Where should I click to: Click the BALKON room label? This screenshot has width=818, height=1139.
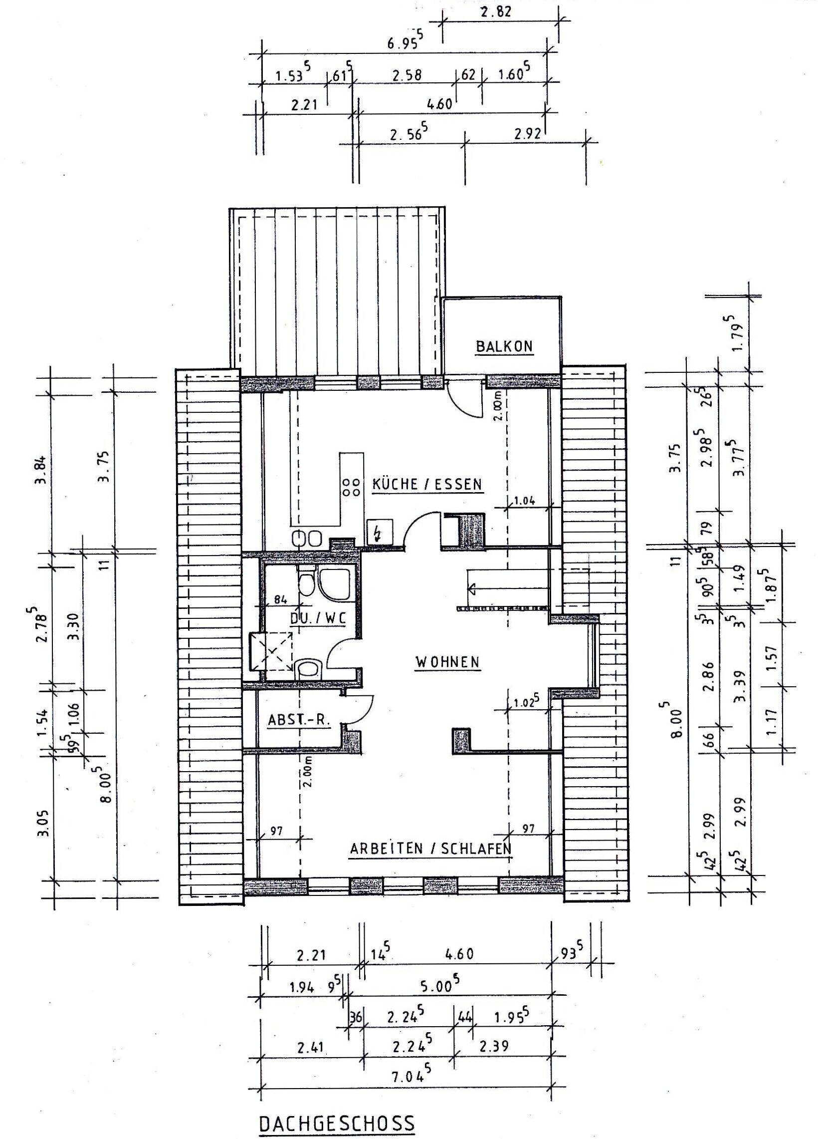504,346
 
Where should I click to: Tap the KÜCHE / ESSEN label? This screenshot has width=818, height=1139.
427,485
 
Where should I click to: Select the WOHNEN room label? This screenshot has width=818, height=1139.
447,662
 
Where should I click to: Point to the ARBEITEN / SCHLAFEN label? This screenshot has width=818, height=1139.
430,862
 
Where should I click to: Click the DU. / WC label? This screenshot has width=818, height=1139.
318,619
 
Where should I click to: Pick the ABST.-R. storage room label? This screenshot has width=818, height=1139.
299,720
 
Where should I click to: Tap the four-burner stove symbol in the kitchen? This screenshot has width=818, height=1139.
351,486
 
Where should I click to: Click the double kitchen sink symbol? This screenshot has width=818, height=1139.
306,539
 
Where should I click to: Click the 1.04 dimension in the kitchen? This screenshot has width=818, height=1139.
524,500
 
